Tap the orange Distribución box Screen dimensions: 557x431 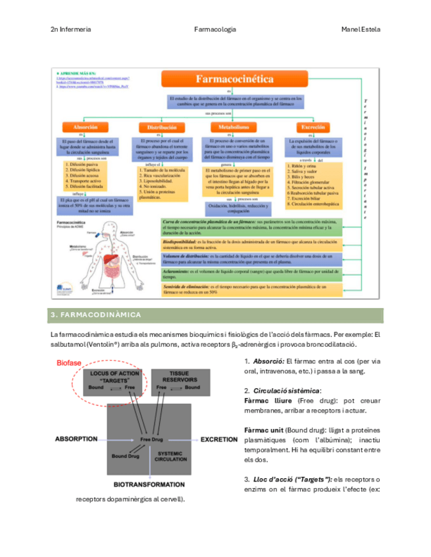tap(159, 127)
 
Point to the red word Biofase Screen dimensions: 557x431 tap(68, 363)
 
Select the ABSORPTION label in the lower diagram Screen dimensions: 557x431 tap(76, 438)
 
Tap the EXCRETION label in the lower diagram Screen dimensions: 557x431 tap(218, 438)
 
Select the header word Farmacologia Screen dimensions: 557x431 tap(215, 30)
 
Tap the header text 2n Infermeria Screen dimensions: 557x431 tap(71, 30)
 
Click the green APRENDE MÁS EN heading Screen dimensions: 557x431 tap(78, 74)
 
